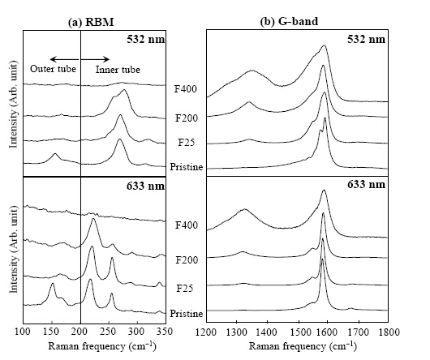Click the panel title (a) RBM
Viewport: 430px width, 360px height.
91,23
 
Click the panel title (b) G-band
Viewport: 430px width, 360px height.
289,22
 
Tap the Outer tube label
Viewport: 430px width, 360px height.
53,69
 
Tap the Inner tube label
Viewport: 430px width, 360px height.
118,70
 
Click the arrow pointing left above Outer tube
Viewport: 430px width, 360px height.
64,59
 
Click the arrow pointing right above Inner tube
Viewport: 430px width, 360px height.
95,59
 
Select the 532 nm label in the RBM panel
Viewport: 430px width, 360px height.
145,40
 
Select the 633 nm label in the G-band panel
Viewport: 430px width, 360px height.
367,185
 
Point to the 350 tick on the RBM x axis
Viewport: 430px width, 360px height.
165,332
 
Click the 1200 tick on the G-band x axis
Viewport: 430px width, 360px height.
207,332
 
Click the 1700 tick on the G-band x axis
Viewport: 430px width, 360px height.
358,332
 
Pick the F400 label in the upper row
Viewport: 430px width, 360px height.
186,89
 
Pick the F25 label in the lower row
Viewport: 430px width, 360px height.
186,289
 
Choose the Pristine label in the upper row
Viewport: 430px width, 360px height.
187,167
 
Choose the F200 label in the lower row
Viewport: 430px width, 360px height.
187,259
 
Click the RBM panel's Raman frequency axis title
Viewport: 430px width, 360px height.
102,346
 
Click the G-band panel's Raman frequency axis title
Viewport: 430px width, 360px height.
303,346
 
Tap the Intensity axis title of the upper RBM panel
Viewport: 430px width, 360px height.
13,104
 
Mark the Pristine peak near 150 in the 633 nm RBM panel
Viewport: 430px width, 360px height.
53,284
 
